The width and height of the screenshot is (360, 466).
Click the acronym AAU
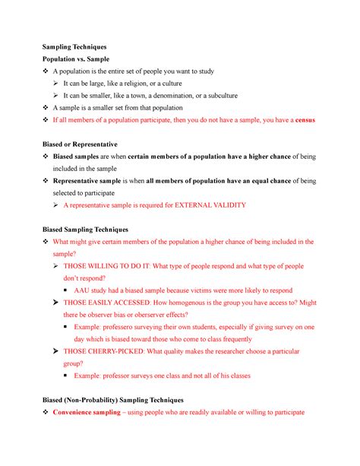96,290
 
